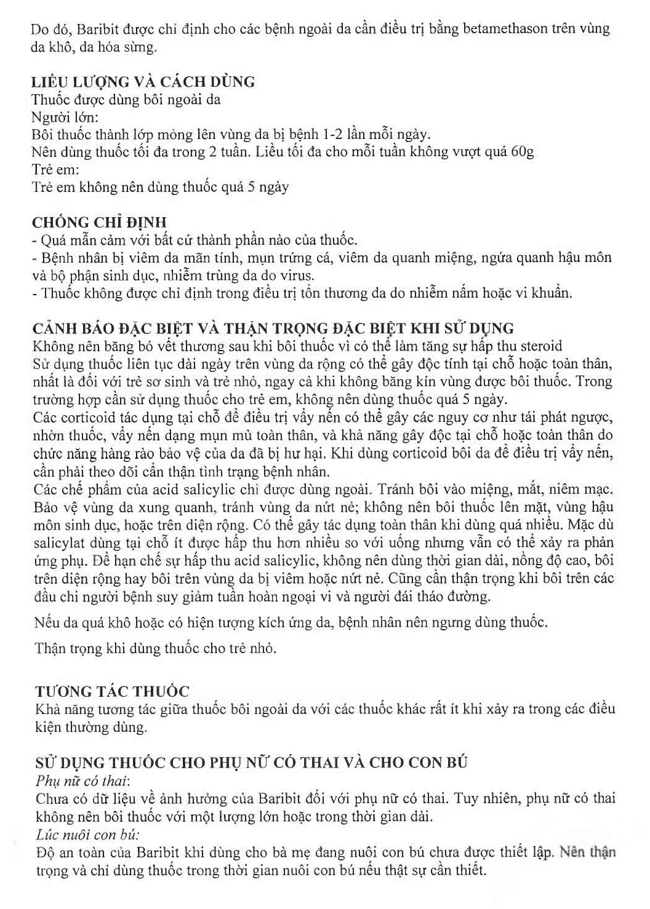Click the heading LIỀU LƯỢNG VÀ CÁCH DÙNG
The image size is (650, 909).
pos(143,82)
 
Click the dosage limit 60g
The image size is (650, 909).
pos(522,152)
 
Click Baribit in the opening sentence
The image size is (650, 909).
pos(89,29)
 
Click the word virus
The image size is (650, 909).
pos(297,276)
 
